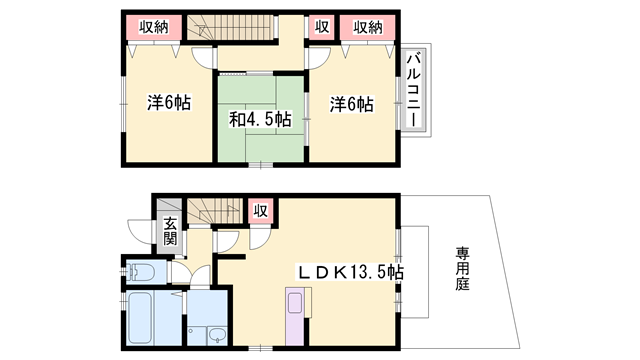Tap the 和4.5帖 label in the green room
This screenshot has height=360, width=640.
coord(260,120)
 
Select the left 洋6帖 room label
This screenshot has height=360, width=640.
coord(170,103)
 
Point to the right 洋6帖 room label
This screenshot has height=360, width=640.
coord(351,103)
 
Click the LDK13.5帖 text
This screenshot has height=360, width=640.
coord(349,271)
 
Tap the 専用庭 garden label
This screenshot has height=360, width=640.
coord(462,268)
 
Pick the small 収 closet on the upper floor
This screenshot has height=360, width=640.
coord(322,27)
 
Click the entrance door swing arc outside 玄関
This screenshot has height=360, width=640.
coord(140,233)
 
